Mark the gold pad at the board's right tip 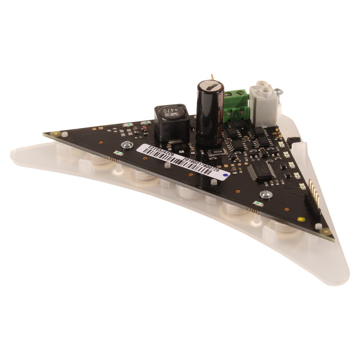click(x=326, y=231)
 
